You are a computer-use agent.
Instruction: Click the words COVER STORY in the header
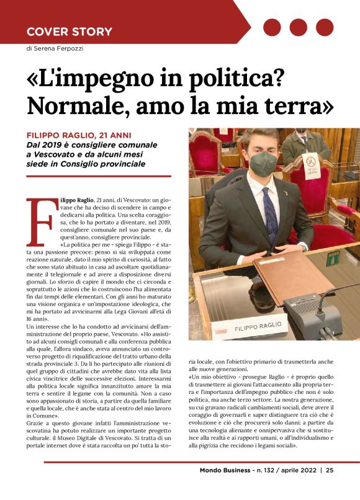(69, 32)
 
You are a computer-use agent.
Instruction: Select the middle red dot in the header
(299, 27)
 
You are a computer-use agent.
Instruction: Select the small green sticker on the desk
(334, 256)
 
